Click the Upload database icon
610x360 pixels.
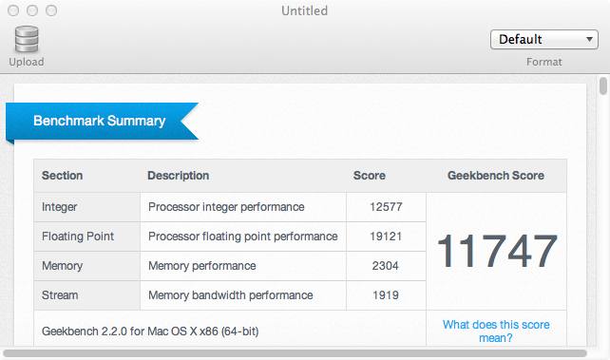coord(27,39)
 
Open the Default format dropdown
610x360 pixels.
coord(544,39)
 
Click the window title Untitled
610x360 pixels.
coord(305,10)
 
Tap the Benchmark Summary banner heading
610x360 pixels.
coord(99,121)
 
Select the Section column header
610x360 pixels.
coord(63,176)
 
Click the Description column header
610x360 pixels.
coord(179,176)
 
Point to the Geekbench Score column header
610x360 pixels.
coord(496,176)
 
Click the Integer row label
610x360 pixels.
coord(60,207)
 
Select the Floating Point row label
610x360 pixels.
coord(78,237)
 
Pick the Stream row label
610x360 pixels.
coord(60,295)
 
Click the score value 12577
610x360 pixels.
coord(386,207)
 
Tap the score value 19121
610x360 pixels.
coord(386,237)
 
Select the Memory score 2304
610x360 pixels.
coord(385,266)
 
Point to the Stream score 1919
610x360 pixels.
coord(386,295)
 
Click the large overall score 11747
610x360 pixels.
coord(497,251)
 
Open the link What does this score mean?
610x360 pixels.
coord(496,332)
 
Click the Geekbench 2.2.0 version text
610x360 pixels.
coord(150,332)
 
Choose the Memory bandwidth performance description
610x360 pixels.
coord(231,295)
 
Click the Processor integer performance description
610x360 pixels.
coord(226,207)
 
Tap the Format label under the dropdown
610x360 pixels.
coord(543,62)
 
